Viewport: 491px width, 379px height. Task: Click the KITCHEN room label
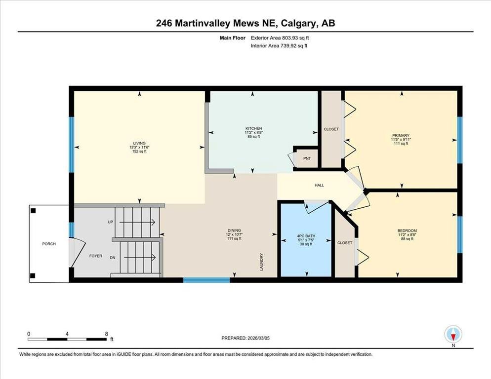point(253,128)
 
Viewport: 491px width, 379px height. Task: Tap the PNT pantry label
point(307,159)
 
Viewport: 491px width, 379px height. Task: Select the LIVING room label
point(139,143)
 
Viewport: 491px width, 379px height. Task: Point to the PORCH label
point(49,244)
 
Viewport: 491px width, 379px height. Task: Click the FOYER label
point(95,256)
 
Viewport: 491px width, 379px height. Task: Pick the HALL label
point(320,185)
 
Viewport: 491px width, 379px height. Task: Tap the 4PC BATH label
point(306,236)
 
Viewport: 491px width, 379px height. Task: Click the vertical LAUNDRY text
point(261,262)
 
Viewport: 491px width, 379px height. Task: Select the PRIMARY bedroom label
point(401,136)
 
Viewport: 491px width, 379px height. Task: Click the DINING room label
point(234,230)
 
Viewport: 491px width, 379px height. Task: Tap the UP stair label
point(110,222)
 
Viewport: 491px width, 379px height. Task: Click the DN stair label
point(113,258)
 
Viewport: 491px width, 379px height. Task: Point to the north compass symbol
point(453,335)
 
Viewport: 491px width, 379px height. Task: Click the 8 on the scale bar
point(107,334)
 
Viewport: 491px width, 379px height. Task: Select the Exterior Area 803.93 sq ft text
point(280,38)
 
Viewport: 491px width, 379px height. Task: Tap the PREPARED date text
point(245,338)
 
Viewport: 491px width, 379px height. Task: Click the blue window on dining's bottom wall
point(206,280)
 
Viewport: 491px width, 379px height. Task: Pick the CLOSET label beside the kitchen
point(331,129)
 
